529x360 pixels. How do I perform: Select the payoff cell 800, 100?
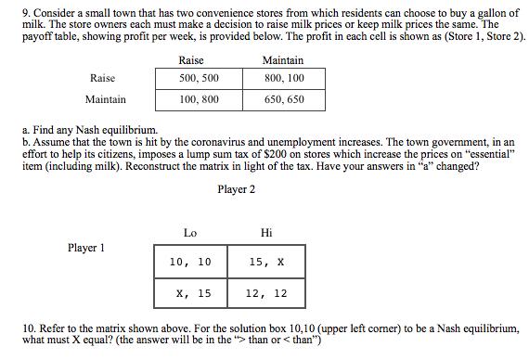point(283,79)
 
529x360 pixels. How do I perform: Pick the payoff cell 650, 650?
point(283,98)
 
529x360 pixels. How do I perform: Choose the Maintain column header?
point(283,60)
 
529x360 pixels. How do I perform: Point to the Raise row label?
point(103,79)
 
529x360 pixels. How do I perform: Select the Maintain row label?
point(105,98)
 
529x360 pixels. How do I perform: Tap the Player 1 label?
point(86,248)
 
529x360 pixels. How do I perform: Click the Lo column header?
point(190,232)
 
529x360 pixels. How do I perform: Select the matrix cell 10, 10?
point(191,263)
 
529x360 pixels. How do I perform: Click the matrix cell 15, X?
point(266,263)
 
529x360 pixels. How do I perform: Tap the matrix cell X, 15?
point(191,293)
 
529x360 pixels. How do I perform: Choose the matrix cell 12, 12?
point(266,293)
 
